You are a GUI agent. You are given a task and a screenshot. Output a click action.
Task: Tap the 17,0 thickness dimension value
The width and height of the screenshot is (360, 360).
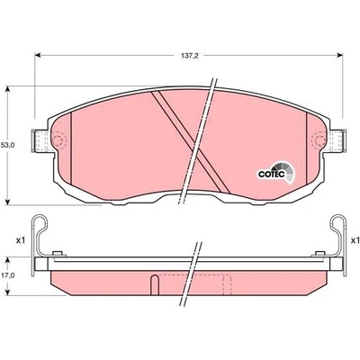[9, 274]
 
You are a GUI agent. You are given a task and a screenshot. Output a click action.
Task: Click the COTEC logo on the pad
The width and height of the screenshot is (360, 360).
[276, 173]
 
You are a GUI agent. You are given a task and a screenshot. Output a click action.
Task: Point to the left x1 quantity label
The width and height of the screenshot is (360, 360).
[20, 240]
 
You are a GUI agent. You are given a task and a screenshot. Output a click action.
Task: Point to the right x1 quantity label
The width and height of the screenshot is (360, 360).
[355, 240]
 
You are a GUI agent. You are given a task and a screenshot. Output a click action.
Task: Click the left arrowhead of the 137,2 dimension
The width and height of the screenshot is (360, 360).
[38, 55]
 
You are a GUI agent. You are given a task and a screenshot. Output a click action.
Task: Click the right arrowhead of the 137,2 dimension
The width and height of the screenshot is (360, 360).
[340, 55]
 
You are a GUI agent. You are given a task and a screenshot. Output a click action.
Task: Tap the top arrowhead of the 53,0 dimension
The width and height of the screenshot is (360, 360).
[8, 89]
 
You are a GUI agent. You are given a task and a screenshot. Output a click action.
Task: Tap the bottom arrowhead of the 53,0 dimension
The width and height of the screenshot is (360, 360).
[8, 202]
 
